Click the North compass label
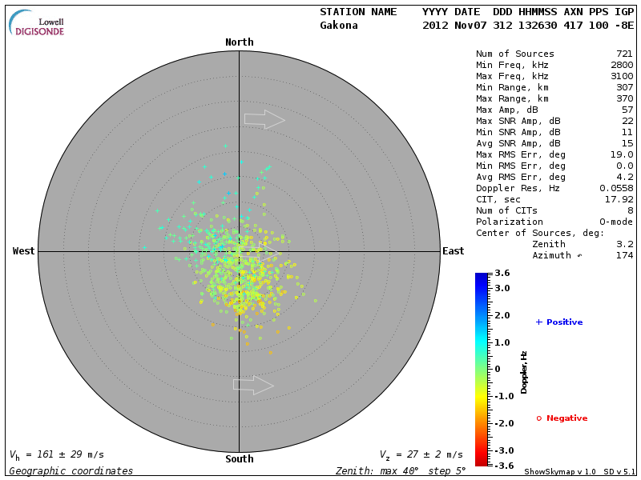click(239, 42)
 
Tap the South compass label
click(239, 459)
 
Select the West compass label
click(24, 251)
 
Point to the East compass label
click(454, 251)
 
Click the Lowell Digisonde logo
click(38, 23)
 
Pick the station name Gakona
click(339, 25)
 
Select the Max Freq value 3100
click(621, 76)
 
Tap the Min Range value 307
click(624, 87)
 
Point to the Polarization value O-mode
click(615, 222)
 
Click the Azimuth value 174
click(624, 255)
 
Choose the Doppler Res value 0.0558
click(618, 188)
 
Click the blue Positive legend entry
click(559, 322)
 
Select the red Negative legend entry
click(562, 418)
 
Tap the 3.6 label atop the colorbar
click(502, 274)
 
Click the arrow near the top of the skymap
click(264, 120)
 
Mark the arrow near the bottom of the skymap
click(253, 385)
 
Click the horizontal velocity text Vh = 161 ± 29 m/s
click(57, 455)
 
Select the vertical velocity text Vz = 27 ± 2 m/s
click(421, 455)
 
